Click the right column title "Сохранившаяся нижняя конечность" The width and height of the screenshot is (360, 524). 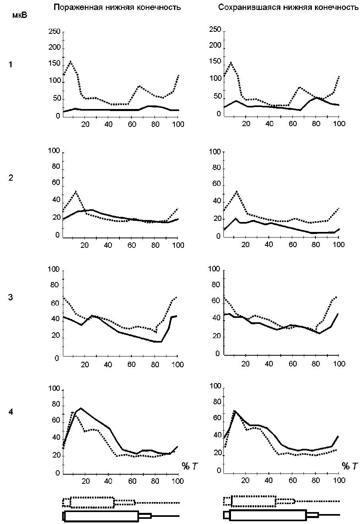coord(288,8)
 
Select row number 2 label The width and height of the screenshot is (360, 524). coord(11,178)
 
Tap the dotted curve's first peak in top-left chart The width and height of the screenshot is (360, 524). coord(70,61)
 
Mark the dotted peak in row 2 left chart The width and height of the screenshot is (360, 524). coord(76,191)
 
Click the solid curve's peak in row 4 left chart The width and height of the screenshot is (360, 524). coord(81,408)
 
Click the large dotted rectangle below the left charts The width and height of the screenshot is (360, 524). coord(92,502)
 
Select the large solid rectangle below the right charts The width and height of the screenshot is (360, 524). coord(268,515)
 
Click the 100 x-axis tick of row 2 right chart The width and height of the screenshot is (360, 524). coord(338,244)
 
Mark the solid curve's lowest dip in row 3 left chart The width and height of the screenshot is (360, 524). coord(158,341)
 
